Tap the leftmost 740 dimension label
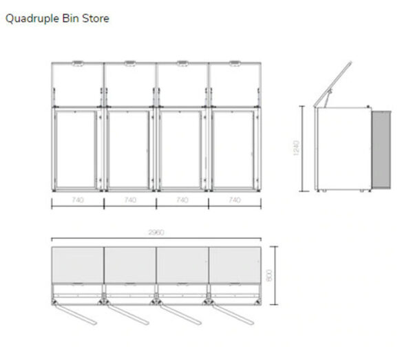click(78, 200)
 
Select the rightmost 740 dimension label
click(234, 200)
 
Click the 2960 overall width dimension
click(156, 233)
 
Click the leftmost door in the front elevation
click(76, 151)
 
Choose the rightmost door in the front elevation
click(233, 151)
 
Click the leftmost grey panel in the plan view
click(78, 262)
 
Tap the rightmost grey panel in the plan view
click(234, 262)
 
